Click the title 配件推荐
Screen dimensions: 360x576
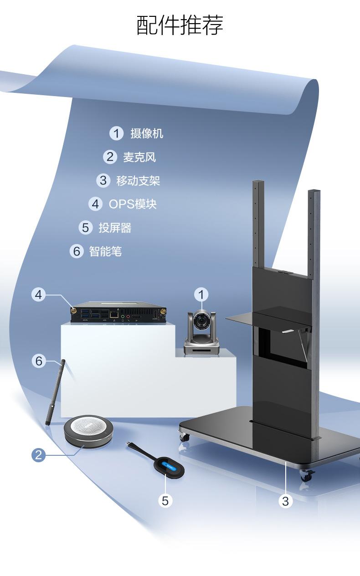click(180, 25)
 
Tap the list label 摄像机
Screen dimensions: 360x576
click(146, 133)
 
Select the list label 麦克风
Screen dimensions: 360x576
click(139, 157)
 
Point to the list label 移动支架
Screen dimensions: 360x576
click(138, 181)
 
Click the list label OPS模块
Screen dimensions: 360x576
click(132, 204)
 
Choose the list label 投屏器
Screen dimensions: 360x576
click(115, 228)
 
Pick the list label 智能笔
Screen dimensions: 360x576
click(105, 251)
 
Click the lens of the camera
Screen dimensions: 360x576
click(201, 322)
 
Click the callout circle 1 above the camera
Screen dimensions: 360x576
click(201, 295)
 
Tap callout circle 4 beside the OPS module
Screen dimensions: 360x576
click(38, 295)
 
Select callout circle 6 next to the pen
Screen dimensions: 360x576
click(39, 361)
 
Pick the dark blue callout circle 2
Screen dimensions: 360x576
click(38, 454)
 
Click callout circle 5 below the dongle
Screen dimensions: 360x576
click(165, 500)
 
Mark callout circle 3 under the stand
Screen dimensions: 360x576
click(285, 501)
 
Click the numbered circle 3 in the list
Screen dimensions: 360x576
click(103, 180)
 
